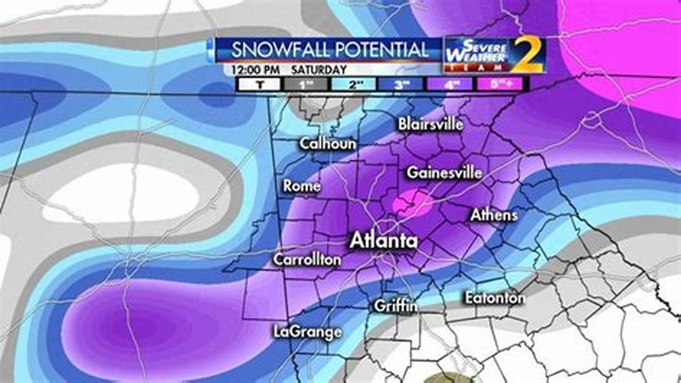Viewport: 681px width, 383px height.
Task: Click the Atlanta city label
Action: tap(383, 241)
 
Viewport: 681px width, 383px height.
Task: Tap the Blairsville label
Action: tap(430, 124)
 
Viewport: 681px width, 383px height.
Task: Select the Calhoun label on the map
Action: tap(328, 144)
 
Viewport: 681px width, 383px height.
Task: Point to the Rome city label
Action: tap(302, 186)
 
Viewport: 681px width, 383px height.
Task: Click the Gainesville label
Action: tap(444, 173)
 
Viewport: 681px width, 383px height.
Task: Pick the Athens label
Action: tap(494, 215)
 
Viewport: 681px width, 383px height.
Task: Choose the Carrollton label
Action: tap(307, 260)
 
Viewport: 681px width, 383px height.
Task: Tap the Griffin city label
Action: tap(395, 306)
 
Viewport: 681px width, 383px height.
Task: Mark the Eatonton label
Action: tap(495, 298)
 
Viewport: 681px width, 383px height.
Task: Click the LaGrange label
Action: tap(308, 332)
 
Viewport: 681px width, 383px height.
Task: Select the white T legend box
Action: tap(259, 84)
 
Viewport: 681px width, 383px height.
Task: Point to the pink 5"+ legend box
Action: tap(500, 84)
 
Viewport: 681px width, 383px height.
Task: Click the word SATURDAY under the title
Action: tap(319, 70)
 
